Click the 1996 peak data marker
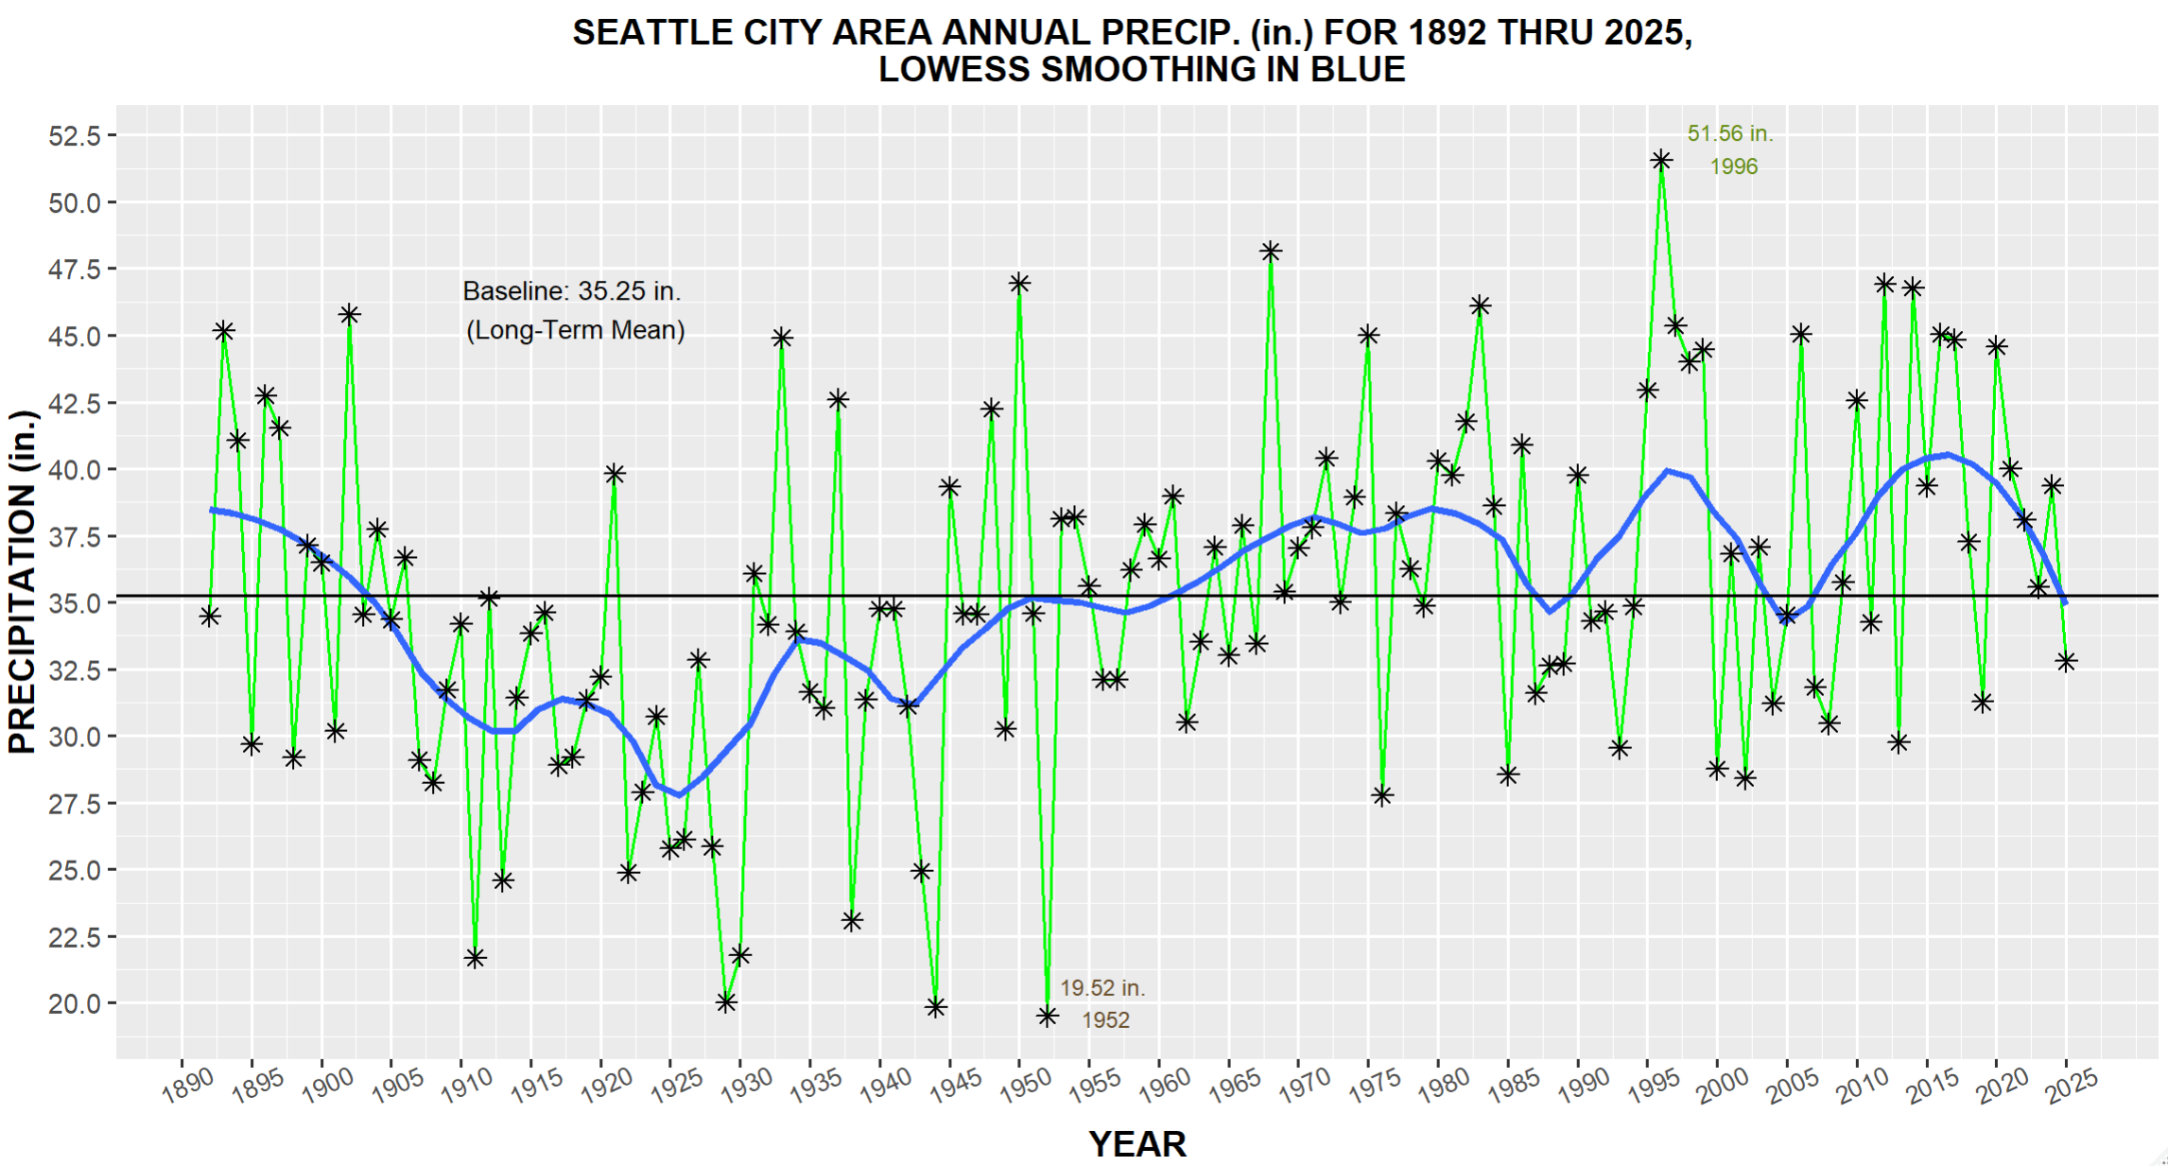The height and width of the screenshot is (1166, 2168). coord(1661,161)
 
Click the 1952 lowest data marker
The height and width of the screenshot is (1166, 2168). coord(1047,1016)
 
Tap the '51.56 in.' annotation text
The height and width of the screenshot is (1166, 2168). coord(1730,134)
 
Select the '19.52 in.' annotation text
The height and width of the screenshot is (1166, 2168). coord(1102,988)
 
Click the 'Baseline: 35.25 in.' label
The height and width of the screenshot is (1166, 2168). coord(572,291)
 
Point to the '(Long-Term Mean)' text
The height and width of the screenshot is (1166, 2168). coord(576,330)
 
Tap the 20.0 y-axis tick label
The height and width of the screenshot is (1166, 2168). coord(75,1003)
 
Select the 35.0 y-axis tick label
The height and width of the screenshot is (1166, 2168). coord(75,602)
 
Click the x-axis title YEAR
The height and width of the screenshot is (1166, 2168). coord(1137,1144)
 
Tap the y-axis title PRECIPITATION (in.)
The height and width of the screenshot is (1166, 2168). coord(22,582)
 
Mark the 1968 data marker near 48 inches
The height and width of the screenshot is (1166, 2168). coord(1270,252)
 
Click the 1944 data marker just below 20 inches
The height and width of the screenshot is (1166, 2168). coord(935,1007)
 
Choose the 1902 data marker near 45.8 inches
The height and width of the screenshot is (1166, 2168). coord(349,315)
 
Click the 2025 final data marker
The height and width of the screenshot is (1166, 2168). coord(2066,661)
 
